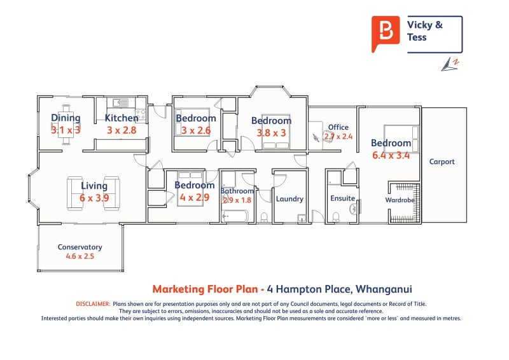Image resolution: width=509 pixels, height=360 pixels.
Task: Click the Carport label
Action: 442,162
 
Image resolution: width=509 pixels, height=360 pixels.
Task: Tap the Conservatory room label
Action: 80,247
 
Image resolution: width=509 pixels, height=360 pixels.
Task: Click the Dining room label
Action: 66,118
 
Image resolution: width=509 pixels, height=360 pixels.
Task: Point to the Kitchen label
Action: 121,118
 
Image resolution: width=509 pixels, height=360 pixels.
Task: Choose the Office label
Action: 338,127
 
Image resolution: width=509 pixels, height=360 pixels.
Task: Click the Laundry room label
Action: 289,198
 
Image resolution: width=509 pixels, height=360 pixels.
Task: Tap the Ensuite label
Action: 342,198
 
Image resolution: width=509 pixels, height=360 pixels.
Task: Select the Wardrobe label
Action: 400,200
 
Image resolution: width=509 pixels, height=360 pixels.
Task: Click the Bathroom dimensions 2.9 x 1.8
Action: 237,200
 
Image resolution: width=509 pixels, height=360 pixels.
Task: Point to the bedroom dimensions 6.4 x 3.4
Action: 391,155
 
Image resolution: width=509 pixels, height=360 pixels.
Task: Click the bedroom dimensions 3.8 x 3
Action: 271,133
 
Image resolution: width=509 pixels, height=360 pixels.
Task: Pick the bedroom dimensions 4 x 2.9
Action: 195,197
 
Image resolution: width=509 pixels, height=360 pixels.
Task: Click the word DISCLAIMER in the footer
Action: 93,305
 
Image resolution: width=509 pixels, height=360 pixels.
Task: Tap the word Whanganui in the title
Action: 387,288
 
